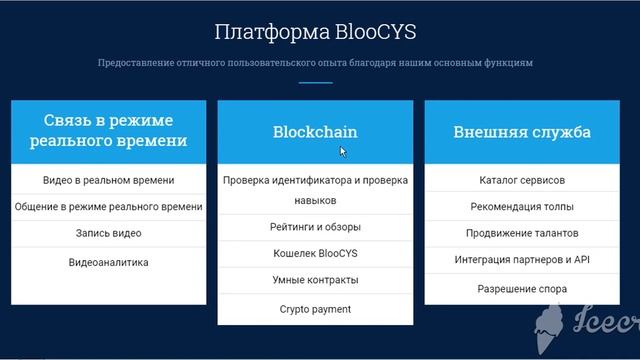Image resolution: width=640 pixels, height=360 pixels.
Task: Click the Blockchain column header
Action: coord(315,132)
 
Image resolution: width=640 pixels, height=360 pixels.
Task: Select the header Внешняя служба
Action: coord(521,132)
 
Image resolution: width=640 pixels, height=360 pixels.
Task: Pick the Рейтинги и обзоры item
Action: coord(315,227)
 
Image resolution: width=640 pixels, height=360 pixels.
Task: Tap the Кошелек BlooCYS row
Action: coord(315,254)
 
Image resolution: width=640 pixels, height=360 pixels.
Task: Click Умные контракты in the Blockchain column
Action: coord(315,281)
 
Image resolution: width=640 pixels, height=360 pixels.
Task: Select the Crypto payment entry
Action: coord(315,309)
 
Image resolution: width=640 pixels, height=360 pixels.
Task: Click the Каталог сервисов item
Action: coord(521,181)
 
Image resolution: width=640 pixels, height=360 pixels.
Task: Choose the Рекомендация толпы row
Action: coord(521,207)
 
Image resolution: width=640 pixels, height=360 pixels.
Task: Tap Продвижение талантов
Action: coord(521,234)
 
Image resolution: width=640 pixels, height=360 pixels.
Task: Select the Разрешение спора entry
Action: coord(521,289)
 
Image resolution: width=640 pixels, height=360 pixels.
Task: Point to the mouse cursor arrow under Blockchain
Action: coord(343,152)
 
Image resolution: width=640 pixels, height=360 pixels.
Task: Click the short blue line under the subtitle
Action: coord(315,82)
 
